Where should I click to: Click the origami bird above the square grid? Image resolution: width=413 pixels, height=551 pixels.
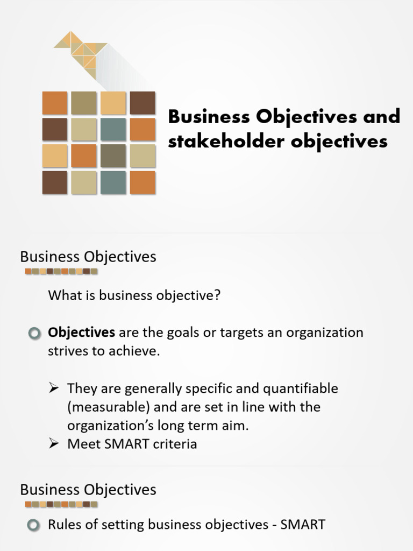[x=81, y=51]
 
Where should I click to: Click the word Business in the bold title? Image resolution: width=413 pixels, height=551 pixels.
[x=209, y=116]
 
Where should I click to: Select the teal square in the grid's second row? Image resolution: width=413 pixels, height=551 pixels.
[x=113, y=130]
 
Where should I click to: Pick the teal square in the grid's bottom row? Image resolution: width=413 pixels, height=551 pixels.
[x=113, y=182]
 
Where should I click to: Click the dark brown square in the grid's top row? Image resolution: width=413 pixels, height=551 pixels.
[x=142, y=103]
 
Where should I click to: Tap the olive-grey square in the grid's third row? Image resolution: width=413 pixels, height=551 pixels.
[x=113, y=156]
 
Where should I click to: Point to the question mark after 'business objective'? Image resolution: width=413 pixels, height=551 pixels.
[x=217, y=295]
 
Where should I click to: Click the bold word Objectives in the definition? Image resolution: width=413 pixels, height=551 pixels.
[x=81, y=333]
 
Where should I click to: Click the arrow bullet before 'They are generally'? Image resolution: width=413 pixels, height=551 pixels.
[x=54, y=388]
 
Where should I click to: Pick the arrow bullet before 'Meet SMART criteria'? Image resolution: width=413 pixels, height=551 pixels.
[x=54, y=444]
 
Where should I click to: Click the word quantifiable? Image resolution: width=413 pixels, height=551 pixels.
[x=307, y=388]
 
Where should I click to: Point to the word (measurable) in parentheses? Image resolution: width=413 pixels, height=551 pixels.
[x=102, y=407]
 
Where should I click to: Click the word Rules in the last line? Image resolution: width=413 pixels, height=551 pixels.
[x=63, y=524]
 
